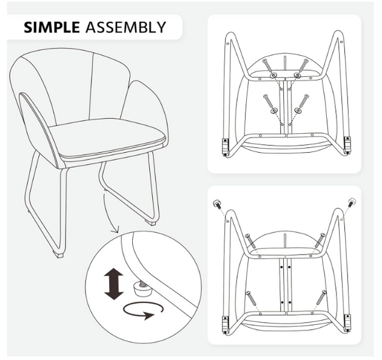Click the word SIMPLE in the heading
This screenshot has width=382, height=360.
click(x=52, y=27)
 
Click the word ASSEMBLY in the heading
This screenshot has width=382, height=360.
click(x=126, y=27)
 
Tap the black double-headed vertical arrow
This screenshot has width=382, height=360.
click(x=114, y=284)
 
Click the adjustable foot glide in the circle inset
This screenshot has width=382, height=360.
click(x=142, y=289)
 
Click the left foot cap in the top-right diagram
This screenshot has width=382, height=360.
click(x=226, y=146)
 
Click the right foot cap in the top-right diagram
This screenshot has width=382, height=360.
click(x=347, y=145)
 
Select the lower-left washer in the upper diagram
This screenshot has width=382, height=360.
click(x=274, y=111)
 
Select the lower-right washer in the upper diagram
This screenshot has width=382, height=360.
click(x=298, y=111)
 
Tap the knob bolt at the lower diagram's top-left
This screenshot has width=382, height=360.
click(x=217, y=204)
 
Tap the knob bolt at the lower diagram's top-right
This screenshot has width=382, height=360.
click(x=352, y=202)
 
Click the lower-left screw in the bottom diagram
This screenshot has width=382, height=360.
click(x=251, y=298)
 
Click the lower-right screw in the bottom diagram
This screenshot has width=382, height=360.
click(x=321, y=297)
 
